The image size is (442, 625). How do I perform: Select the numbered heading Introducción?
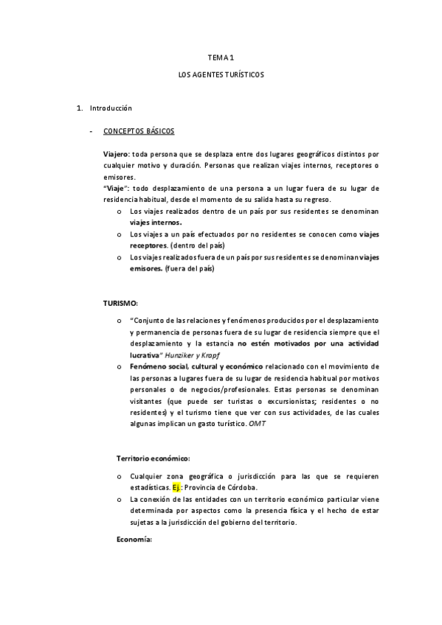pos(110,109)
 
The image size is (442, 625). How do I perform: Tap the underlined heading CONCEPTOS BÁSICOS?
pos(139,132)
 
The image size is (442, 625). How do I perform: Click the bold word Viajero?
pos(116,155)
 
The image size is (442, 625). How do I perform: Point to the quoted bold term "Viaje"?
pos(117,189)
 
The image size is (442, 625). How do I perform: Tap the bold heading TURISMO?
pos(120,303)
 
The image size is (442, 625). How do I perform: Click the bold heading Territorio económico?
pos(153,458)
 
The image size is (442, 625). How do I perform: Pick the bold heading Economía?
pos(134,540)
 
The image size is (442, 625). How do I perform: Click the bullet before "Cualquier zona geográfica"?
pos(120,476)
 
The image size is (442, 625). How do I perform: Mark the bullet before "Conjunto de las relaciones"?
pos(120,321)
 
